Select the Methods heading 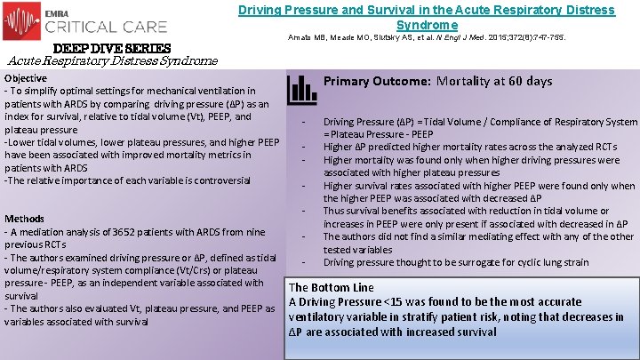coord(25,219)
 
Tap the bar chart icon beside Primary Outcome coord(302,88)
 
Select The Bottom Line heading coord(332,287)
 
